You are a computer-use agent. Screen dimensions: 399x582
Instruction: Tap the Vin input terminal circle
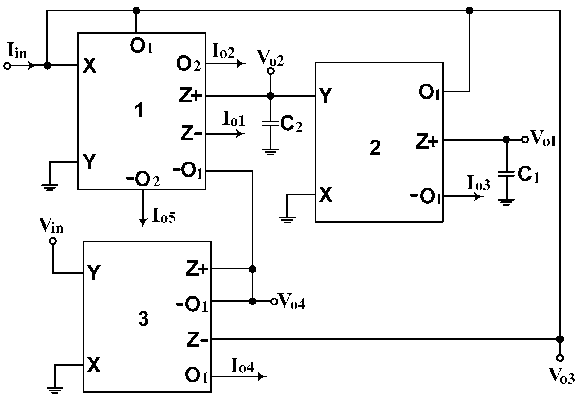(x=53, y=241)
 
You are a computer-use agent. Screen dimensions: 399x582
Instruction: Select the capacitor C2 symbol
(x=270, y=123)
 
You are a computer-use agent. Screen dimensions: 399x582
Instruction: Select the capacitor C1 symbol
(x=506, y=174)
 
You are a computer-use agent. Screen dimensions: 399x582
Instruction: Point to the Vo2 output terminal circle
(x=270, y=71)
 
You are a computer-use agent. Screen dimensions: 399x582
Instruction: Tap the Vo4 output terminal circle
(x=274, y=302)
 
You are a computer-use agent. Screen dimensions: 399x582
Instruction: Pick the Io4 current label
(x=242, y=366)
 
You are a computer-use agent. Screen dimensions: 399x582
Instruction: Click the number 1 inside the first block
(x=139, y=110)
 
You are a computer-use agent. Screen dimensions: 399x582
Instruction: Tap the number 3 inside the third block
(x=143, y=319)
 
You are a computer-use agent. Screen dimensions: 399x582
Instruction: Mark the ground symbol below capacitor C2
(x=270, y=152)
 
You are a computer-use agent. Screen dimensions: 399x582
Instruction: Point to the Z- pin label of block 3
(x=197, y=340)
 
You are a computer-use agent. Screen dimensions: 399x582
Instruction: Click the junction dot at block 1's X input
(x=47, y=66)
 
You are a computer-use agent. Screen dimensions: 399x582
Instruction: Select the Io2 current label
(x=223, y=51)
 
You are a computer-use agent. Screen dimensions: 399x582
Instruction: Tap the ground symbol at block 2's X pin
(x=287, y=220)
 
